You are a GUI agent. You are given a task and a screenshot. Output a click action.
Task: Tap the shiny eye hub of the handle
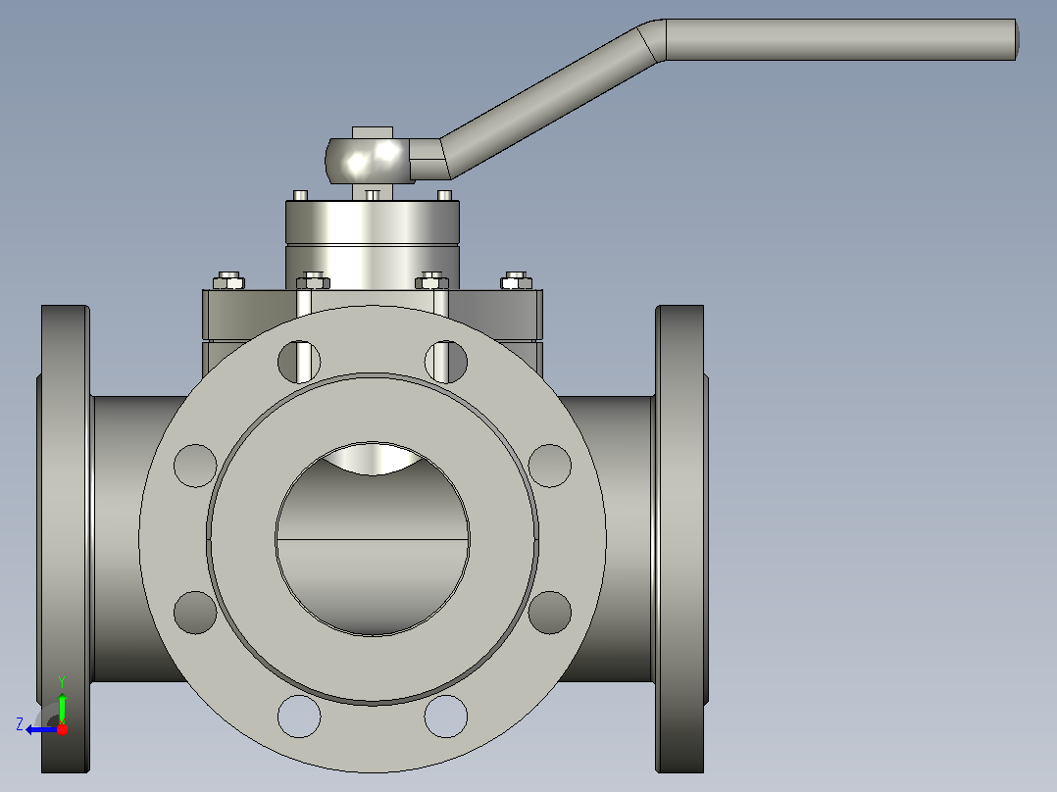369,161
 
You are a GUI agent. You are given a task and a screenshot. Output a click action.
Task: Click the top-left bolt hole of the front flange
299,362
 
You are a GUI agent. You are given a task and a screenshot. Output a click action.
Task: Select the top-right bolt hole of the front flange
445,362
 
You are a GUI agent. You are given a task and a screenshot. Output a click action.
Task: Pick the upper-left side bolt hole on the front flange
195,466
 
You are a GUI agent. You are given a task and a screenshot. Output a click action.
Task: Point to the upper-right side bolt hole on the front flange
550,466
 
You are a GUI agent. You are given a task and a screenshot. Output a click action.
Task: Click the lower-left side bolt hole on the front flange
195,613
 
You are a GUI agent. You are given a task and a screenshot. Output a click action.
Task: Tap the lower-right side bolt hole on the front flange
550,613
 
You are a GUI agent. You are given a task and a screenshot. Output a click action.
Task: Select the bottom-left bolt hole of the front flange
299,717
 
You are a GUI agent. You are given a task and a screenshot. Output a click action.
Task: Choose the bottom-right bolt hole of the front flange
445,717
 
